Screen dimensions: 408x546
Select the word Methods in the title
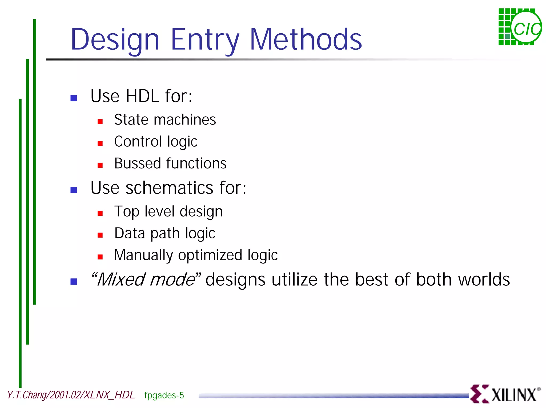(x=306, y=40)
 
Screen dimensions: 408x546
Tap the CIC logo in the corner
(x=520, y=27)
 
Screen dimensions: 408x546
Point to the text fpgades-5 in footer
(x=164, y=395)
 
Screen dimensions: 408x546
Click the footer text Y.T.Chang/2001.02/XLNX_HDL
(x=71, y=395)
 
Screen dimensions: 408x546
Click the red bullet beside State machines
(x=100, y=122)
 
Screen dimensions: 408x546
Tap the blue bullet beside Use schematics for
(x=74, y=190)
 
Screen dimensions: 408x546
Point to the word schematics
(x=169, y=188)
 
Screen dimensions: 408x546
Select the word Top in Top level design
(x=127, y=212)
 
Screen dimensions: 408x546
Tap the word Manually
(x=143, y=255)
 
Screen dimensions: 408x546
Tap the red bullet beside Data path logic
(x=100, y=235)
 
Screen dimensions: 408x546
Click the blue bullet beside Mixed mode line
(x=74, y=282)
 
